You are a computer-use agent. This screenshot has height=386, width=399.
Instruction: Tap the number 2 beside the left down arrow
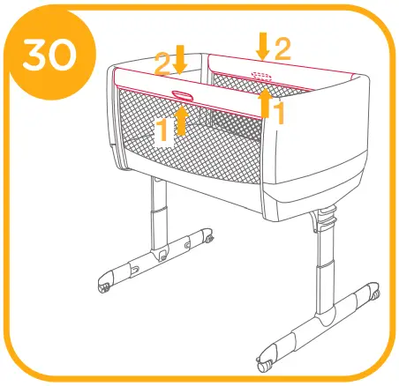[163, 63]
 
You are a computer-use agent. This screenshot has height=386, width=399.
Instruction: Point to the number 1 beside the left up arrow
[163, 131]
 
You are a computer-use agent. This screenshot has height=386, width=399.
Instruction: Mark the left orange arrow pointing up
[182, 119]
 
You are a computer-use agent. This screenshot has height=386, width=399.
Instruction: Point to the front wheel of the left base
[104, 287]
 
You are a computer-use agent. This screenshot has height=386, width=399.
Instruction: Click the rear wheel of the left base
[211, 237]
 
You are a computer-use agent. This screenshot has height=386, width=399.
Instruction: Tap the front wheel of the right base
[265, 362]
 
